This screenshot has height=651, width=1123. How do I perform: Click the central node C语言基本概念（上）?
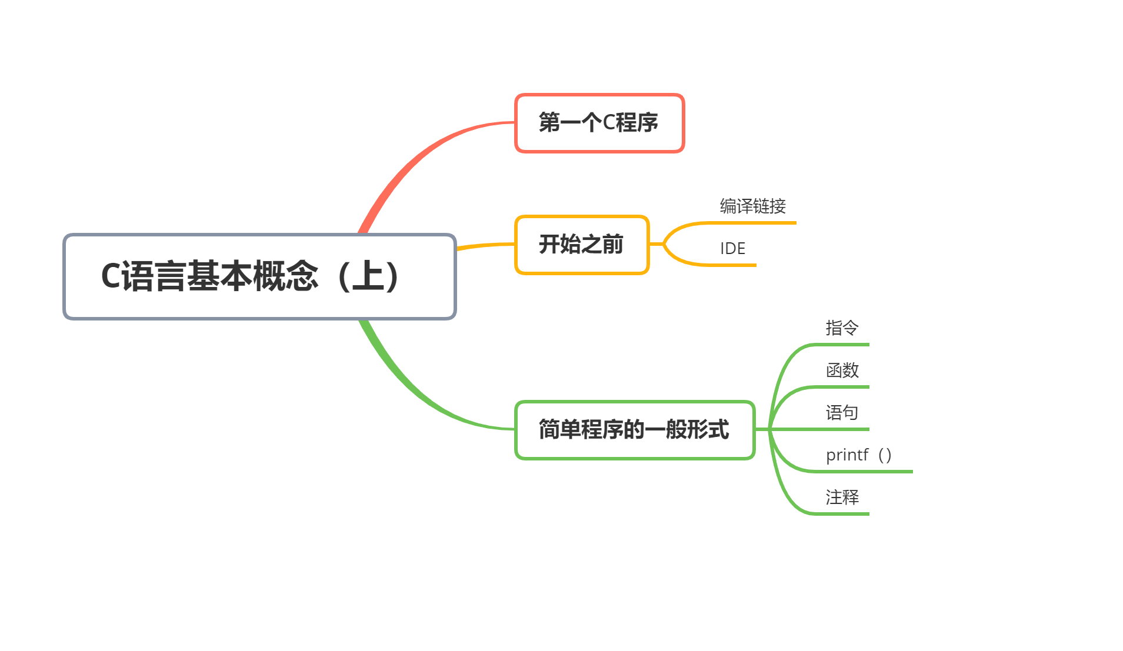point(259,276)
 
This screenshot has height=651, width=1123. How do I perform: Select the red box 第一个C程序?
point(599,123)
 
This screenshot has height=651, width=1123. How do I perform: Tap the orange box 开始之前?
point(581,245)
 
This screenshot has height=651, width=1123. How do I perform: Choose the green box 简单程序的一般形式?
point(634,430)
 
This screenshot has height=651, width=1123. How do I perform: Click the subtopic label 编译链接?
point(752,206)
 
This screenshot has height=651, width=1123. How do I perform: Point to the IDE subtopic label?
point(732,249)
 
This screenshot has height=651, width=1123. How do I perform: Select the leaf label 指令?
point(842,328)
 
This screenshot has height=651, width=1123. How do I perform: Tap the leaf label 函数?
point(842,370)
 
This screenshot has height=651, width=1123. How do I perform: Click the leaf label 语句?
point(842,413)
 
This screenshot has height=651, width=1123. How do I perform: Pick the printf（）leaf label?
point(858,455)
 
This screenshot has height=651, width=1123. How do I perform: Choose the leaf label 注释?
point(842,498)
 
